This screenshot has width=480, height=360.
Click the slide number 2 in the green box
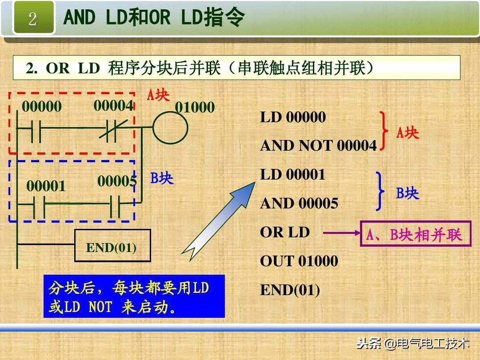click(33, 19)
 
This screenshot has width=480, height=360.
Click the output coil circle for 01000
click(170, 128)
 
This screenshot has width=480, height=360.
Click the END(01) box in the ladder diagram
click(112, 248)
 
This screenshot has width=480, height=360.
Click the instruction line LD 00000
click(293, 117)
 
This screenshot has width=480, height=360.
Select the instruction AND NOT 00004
click(318, 146)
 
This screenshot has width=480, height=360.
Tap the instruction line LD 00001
click(293, 175)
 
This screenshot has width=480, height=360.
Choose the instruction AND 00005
click(299, 204)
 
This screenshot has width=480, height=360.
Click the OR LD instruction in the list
click(285, 232)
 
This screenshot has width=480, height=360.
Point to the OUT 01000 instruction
click(299, 261)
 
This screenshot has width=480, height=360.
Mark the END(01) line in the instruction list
click(290, 290)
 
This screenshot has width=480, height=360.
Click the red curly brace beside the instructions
click(383, 131)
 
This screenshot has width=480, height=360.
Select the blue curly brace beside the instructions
click(380, 191)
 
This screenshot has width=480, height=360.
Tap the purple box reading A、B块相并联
click(415, 234)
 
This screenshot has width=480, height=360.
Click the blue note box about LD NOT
click(134, 296)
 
